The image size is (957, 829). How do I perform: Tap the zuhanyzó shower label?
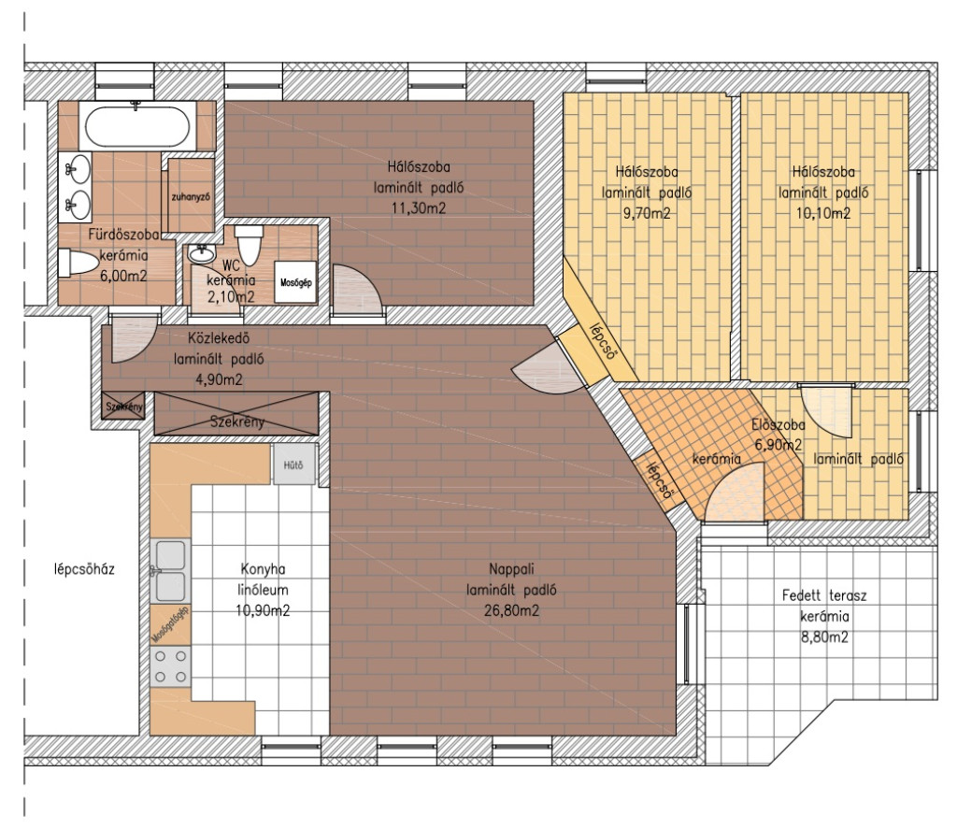pyautogui.click(x=191, y=196)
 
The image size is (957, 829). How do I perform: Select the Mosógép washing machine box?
pyautogui.click(x=296, y=282)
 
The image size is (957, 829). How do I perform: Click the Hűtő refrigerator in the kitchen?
pyautogui.click(x=293, y=465)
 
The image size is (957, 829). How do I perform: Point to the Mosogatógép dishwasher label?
pyautogui.click(x=171, y=625)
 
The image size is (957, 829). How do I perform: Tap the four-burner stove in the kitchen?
pyautogui.click(x=170, y=666)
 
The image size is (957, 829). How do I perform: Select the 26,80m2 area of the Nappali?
pyautogui.click(x=511, y=610)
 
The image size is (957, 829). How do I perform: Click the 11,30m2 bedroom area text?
pyautogui.click(x=419, y=208)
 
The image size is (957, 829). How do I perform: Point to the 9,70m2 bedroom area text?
pyautogui.click(x=647, y=214)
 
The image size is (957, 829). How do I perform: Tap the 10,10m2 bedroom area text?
pyautogui.click(x=823, y=214)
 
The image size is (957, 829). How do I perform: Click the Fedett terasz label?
pyautogui.click(x=824, y=595)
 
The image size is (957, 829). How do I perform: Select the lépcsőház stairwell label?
pyautogui.click(x=85, y=569)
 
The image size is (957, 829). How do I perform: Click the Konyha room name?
pyautogui.click(x=263, y=569)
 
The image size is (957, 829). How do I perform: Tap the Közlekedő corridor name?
pyautogui.click(x=219, y=337)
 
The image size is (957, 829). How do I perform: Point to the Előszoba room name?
pyautogui.click(x=778, y=425)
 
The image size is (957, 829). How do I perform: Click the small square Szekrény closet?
pyautogui.click(x=124, y=407)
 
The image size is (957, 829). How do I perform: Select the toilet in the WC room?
pyautogui.click(x=249, y=245)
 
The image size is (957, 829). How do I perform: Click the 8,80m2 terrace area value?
pyautogui.click(x=824, y=637)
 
